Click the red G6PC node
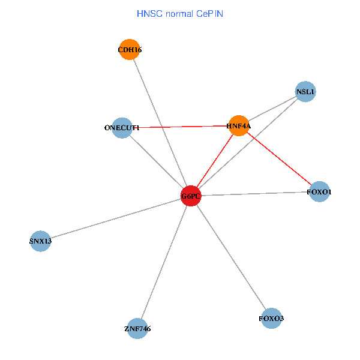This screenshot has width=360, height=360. pyautogui.click(x=191, y=196)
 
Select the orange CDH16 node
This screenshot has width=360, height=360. pyautogui.click(x=130, y=50)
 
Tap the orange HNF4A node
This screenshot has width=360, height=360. pyautogui.click(x=239, y=126)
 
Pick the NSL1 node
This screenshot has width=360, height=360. pyautogui.click(x=305, y=92)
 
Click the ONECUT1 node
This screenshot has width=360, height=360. pyautogui.click(x=122, y=128)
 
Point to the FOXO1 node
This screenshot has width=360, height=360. pyautogui.click(x=320, y=192)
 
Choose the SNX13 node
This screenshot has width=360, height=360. pyautogui.click(x=40, y=241)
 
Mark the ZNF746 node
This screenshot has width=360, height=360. pyautogui.click(x=137, y=328)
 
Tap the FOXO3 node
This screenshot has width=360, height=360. pyautogui.click(x=271, y=318)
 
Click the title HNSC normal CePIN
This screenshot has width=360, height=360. pyautogui.click(x=180, y=13)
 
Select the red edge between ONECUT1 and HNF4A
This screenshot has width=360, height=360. pyautogui.click(x=180, y=127)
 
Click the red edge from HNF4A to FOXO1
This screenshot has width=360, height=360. pyautogui.click(x=279, y=159)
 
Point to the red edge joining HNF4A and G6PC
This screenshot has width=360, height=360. pyautogui.click(x=215, y=161)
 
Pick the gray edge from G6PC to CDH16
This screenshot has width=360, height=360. pyautogui.click(x=160, y=123)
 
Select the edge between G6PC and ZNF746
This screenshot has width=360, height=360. pyautogui.click(x=164, y=262)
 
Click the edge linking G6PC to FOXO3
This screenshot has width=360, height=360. pyautogui.click(x=231, y=257)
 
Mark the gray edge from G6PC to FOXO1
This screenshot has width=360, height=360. pyautogui.click(x=255, y=194)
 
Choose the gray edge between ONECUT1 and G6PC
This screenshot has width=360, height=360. pyautogui.click(x=156, y=162)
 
